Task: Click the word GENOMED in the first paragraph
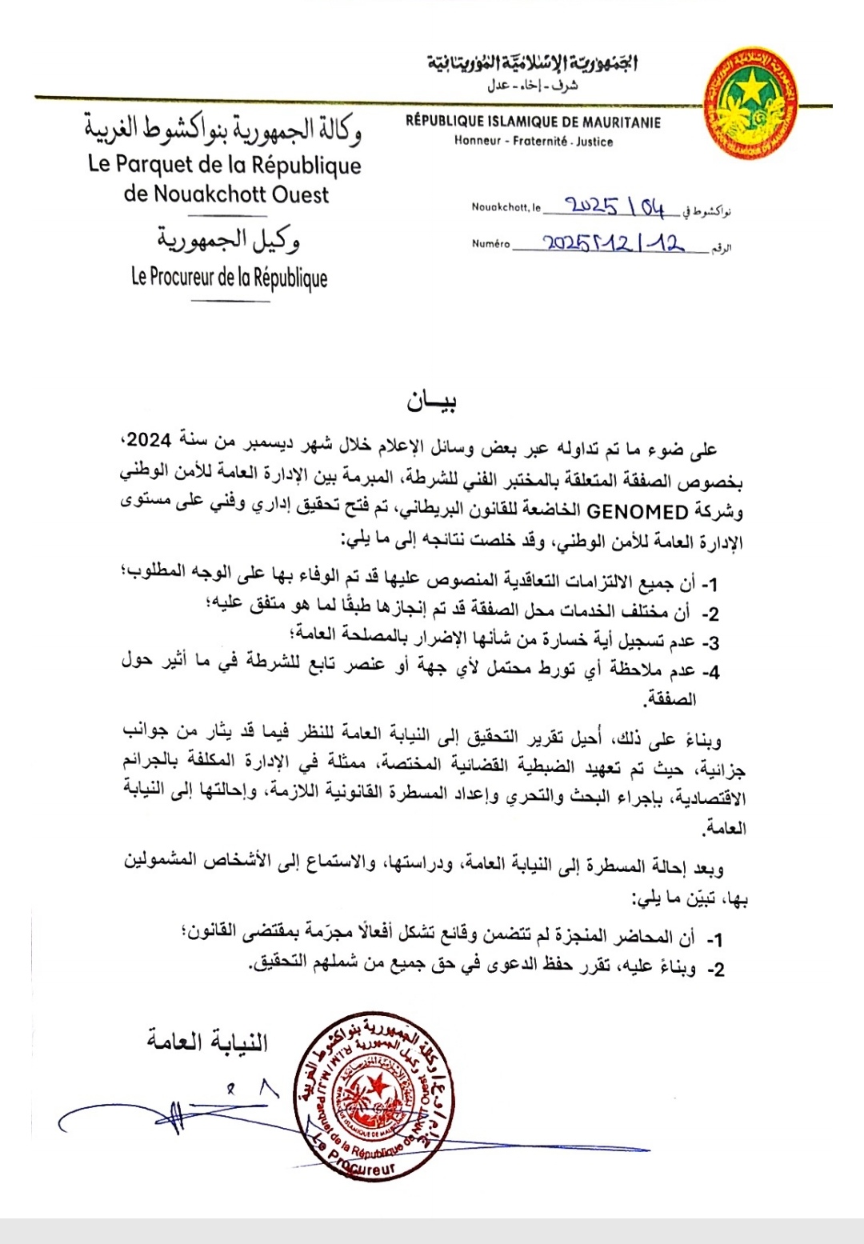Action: pos(637,512)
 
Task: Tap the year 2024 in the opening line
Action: pos(149,440)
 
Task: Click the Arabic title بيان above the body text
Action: pos(432,400)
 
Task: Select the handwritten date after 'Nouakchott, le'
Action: pos(615,207)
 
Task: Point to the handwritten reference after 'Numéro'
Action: pos(613,242)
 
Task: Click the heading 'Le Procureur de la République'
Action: pos(230,278)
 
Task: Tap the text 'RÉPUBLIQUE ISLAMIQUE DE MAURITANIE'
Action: pos(533,122)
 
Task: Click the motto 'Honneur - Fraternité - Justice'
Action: pos(534,142)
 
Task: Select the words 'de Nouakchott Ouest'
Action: pos(226,194)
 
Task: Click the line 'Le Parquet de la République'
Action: pos(225,165)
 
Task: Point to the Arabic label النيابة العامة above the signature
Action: pos(207,1041)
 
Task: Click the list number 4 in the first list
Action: pos(711,672)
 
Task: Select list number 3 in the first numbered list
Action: pos(711,643)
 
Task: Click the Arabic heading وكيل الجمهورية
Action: pos(229,239)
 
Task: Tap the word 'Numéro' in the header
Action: pos(490,244)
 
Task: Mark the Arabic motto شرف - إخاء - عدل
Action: pos(533,86)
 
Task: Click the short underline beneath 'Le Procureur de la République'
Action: pos(230,301)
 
